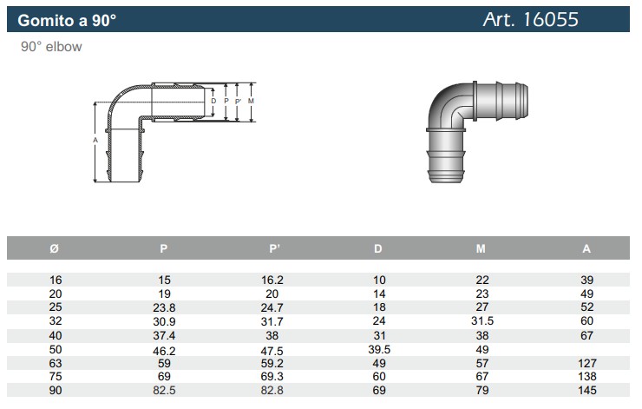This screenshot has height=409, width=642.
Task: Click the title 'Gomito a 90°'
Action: pyautogui.click(x=67, y=20)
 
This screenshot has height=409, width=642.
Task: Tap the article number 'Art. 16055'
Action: pyautogui.click(x=531, y=19)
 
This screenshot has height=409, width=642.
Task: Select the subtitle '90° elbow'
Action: pyautogui.click(x=51, y=47)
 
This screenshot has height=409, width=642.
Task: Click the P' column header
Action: pyautogui.click(x=274, y=248)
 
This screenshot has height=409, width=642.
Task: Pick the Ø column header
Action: pyautogui.click(x=54, y=248)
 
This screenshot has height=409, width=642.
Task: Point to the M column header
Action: pyautogui.click(x=481, y=248)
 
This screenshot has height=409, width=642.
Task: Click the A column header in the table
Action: pyautogui.click(x=586, y=248)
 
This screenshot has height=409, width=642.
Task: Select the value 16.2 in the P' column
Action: pyautogui.click(x=272, y=280)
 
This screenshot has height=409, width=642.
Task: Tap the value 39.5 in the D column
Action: pyautogui.click(x=379, y=350)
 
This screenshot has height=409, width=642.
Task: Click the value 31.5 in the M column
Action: pyautogui.click(x=482, y=320)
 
